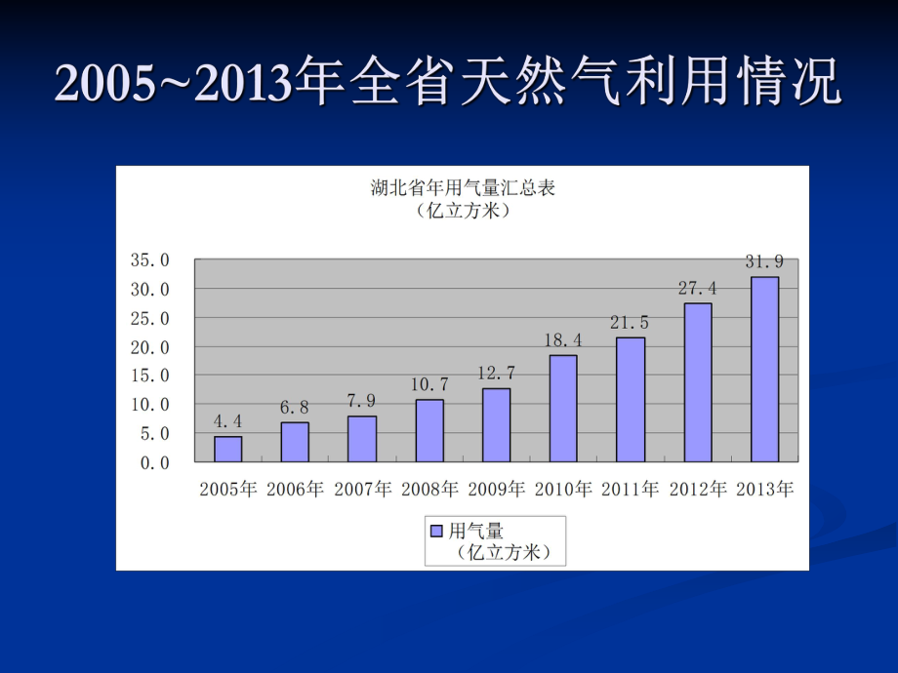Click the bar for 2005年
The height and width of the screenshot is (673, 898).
coord(228,449)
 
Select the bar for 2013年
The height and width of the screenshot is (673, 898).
coord(764,369)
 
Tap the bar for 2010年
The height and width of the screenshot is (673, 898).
coord(563,408)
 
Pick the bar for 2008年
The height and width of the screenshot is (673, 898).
coord(429,430)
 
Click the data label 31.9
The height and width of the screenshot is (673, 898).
coord(764,261)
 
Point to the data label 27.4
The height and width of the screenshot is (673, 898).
coord(698,288)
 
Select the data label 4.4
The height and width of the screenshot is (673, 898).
coord(228,421)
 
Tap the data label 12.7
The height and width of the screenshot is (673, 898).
coord(497,373)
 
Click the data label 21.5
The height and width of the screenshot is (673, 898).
coord(631,322)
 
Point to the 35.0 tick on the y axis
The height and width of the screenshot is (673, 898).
coord(150,260)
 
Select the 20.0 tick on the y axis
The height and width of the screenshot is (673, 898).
coord(150,347)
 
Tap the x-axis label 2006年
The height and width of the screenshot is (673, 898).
coord(295,490)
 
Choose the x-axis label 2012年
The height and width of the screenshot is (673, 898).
coord(698,490)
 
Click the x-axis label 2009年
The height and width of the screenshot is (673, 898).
coord(497,490)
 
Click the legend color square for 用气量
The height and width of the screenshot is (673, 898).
coord(436,532)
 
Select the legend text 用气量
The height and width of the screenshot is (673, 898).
coord(475,532)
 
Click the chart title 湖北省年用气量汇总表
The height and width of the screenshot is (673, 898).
coord(463,188)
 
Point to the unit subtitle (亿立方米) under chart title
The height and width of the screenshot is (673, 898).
coord(463,210)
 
